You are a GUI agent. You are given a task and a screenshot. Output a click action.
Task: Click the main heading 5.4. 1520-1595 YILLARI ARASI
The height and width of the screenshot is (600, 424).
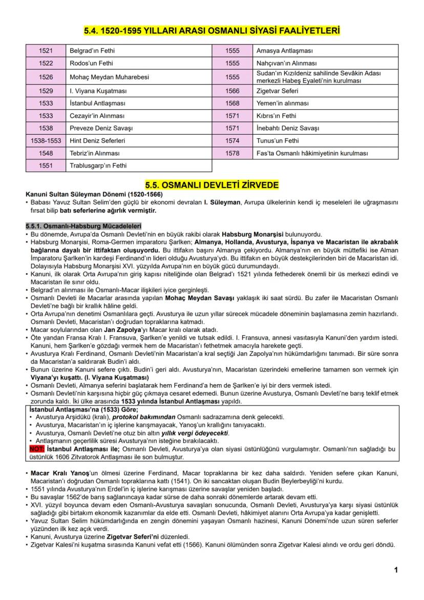[211, 32]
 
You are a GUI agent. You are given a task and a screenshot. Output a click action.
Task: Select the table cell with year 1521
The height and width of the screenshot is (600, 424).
[46, 51]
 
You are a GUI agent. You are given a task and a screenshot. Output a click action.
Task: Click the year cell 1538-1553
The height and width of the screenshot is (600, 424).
[46, 140]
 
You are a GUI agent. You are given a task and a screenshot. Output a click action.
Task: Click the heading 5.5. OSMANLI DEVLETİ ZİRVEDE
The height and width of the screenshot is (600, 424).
[211, 184]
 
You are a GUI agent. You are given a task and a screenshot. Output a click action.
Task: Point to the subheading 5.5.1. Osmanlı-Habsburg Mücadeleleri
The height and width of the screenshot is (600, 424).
[76, 226]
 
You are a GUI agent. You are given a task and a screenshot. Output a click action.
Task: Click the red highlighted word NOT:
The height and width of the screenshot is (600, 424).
[37, 449]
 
